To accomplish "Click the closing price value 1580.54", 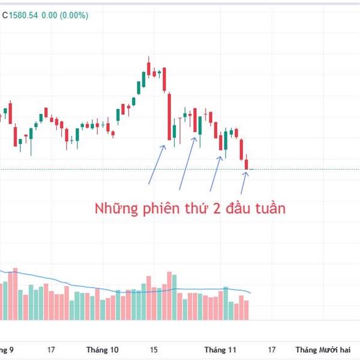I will [23, 16].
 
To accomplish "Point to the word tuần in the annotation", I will [268, 209].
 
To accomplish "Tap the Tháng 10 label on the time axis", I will [103, 349].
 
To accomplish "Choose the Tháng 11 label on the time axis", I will [220, 349].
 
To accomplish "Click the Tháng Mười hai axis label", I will [324, 349].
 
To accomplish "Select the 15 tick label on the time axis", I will [154, 349].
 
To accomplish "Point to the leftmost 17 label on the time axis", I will [51, 349].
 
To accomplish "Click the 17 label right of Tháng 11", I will [271, 349].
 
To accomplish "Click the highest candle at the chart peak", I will [148, 65].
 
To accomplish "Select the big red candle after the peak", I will [169, 117].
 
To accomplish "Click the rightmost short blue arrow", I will [244, 178].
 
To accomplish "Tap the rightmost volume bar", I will [246, 310].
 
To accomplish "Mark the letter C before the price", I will [5, 16].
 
